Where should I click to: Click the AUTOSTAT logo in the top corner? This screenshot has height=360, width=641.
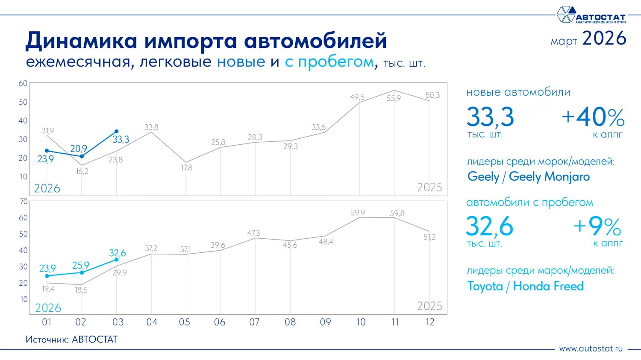591,15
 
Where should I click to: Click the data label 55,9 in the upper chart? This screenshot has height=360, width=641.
394,99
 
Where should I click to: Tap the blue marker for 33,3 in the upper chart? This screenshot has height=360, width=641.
116,132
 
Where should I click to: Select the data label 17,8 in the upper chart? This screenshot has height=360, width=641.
186,168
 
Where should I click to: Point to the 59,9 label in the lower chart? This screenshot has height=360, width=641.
358,213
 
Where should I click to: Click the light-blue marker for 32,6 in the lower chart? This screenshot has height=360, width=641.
116,260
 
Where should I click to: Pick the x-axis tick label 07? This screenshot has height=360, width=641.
254,322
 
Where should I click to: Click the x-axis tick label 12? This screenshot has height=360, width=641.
429,322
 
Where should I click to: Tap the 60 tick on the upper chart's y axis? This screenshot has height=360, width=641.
23,84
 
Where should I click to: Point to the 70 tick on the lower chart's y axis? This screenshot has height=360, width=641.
24,202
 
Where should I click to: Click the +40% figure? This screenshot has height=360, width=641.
593,117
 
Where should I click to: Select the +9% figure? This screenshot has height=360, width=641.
597,227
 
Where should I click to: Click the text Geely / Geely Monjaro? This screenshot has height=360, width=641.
528,177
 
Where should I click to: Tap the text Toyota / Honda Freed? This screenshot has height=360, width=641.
525,286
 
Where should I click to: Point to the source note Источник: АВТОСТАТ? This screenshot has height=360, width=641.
71,340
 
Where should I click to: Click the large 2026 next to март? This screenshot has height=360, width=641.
604,38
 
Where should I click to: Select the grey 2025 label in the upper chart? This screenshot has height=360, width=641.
429,187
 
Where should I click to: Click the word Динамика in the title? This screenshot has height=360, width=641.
81,41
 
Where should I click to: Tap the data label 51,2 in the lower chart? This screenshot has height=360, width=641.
429,237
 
